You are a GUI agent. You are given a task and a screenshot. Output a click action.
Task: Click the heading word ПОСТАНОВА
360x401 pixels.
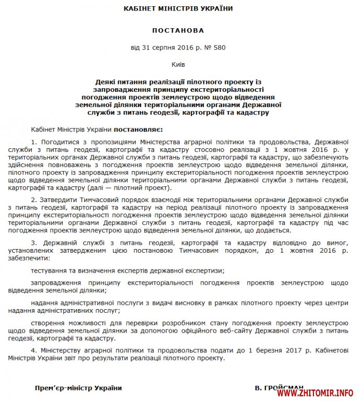pos(179,31)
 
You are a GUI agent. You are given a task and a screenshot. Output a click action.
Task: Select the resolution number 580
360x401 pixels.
pos(222,48)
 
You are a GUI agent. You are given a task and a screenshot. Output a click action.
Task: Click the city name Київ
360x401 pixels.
pos(178,65)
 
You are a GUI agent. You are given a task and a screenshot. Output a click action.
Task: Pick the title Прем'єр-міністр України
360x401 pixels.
pos(78,388)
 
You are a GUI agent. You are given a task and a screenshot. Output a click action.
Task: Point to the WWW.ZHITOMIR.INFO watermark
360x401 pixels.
pos(317,393)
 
